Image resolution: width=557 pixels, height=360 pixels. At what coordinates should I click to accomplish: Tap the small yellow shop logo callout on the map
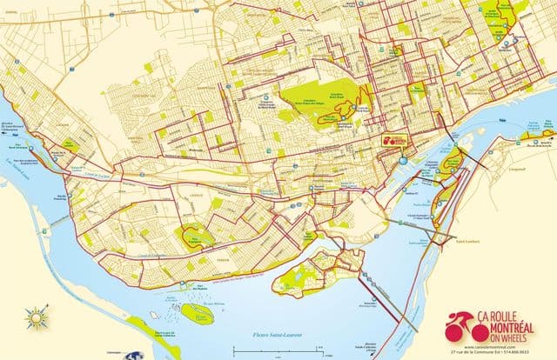[x=393, y=139]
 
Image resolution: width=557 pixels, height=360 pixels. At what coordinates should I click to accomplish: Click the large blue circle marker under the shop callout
[x=404, y=159]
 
